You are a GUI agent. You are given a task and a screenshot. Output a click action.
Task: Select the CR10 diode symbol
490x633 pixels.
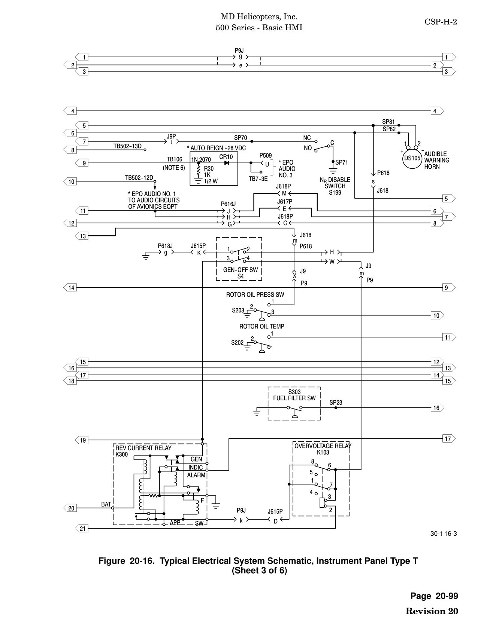tap(227, 163)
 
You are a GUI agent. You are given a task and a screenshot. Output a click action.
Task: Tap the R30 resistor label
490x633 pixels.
tap(209, 169)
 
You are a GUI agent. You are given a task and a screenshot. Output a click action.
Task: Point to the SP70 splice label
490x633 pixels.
tap(241, 138)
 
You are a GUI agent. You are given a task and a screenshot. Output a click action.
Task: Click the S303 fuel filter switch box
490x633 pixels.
tap(294, 404)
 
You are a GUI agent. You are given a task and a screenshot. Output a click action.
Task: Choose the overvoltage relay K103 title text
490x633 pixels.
tap(323, 449)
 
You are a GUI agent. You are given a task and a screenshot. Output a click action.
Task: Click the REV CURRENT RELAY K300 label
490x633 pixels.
tap(143, 451)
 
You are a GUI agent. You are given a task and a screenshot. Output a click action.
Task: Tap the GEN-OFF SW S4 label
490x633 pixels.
tap(241, 273)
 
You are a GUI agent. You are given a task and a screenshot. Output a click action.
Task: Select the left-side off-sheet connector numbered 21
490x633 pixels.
tap(82, 529)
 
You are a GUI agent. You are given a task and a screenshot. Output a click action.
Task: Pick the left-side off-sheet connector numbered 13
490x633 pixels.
tap(82, 236)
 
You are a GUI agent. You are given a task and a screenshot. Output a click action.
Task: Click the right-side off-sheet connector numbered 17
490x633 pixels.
tap(449, 438)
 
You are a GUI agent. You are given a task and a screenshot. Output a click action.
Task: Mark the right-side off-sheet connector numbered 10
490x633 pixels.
tap(438, 315)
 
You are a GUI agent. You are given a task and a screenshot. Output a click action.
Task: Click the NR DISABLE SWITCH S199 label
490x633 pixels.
tap(335, 186)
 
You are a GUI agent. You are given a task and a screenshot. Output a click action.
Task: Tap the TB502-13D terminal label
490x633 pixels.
tap(127, 146)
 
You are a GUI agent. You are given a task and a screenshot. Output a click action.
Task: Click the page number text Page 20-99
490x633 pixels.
tap(434, 596)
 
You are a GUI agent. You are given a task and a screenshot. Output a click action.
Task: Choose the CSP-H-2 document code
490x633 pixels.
tap(441, 22)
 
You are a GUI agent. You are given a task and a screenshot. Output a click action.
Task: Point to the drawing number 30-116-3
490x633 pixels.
tap(444, 533)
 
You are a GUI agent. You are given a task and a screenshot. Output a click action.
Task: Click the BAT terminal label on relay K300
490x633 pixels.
tap(106, 504)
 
